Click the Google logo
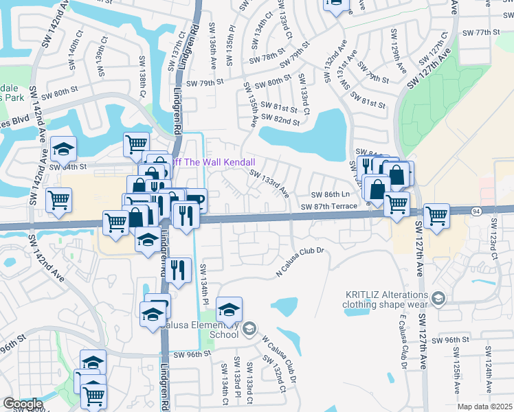(22, 404)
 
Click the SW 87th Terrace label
(329, 206)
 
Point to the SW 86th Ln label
(331, 195)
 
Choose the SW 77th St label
(481, 32)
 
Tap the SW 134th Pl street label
(204, 284)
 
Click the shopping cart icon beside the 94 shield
(436, 216)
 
